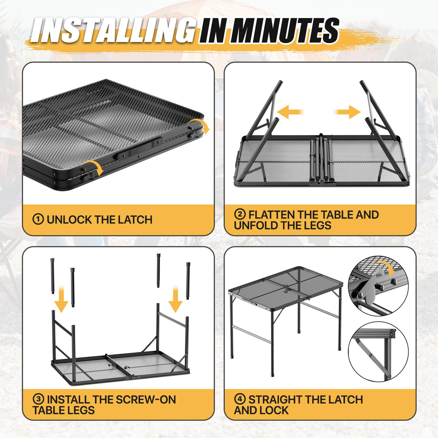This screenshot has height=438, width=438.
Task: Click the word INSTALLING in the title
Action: [113, 30]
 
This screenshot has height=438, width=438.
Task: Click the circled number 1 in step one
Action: [38, 219]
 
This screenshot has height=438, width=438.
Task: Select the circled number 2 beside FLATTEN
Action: [240, 214]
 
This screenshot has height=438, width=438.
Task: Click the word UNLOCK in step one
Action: [69, 219]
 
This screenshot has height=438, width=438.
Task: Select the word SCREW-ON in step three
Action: [146, 400]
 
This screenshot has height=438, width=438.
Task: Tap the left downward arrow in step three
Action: [61, 299]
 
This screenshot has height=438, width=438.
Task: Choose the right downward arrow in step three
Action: [175, 299]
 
